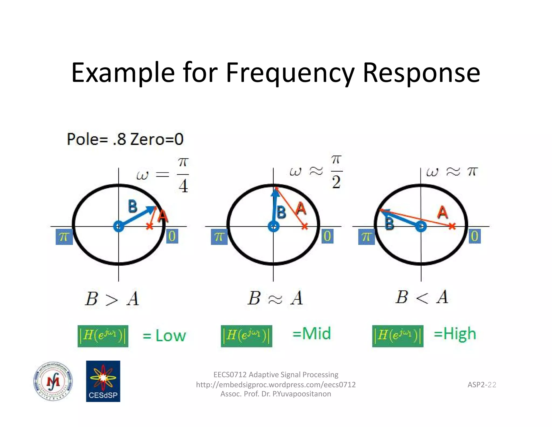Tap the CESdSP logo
pyautogui.click(x=103, y=381)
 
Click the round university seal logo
pyautogui.click(x=53, y=381)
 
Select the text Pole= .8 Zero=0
pyautogui.click(x=125, y=140)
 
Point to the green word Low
pyautogui.click(x=171, y=336)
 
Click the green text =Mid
pyautogui.click(x=312, y=334)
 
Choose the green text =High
pyautogui.click(x=455, y=334)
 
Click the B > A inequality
pyautogui.click(x=112, y=299)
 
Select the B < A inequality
pyautogui.click(x=422, y=297)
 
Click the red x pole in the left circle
pyautogui.click(x=150, y=226)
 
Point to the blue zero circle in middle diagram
pyautogui.click(x=274, y=226)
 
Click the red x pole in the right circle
pyautogui.click(x=452, y=226)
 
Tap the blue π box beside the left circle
pyautogui.click(x=64, y=237)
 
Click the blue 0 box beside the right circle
pyautogui.click(x=475, y=236)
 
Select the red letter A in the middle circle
pyautogui.click(x=301, y=209)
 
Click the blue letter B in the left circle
pyautogui.click(x=132, y=206)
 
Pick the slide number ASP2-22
pyautogui.click(x=482, y=385)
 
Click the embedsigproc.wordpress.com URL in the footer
pyautogui.click(x=276, y=385)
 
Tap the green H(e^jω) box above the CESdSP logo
pyautogui.click(x=103, y=336)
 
